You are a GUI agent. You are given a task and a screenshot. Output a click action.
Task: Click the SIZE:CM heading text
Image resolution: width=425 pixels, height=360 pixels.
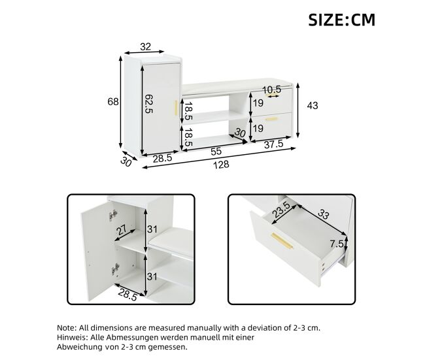(x=341, y=20)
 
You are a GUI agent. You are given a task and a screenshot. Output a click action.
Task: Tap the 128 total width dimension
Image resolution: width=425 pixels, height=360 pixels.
(x=221, y=165)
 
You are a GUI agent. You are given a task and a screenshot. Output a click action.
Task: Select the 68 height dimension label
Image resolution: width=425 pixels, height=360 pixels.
(x=113, y=101)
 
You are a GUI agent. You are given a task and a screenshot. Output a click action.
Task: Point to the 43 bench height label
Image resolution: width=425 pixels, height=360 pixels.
(x=313, y=105)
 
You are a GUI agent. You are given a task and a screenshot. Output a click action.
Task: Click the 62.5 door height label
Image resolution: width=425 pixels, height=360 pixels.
(x=149, y=104)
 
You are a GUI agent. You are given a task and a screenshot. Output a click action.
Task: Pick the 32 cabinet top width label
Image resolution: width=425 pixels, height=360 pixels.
(x=145, y=46)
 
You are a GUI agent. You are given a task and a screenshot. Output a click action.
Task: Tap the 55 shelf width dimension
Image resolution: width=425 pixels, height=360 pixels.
(x=216, y=152)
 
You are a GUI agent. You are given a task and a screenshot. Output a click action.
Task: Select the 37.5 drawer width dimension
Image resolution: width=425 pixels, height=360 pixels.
(x=273, y=144)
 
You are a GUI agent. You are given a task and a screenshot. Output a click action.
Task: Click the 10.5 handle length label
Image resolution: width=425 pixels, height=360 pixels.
(x=272, y=90)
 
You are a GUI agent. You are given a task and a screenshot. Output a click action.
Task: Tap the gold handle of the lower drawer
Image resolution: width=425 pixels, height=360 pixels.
(x=271, y=119)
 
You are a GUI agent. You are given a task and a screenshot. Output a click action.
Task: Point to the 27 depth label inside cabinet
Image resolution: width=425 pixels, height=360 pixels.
(x=122, y=230)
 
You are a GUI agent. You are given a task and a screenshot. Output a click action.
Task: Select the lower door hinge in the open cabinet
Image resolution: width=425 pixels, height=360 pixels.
(x=115, y=269)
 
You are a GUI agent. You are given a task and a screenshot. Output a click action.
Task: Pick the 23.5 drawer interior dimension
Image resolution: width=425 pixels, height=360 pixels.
(x=280, y=209)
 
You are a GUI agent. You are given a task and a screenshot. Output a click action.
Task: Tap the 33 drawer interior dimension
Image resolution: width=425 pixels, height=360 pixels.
(x=323, y=214)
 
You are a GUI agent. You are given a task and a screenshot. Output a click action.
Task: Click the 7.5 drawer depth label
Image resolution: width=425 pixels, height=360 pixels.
(x=337, y=244)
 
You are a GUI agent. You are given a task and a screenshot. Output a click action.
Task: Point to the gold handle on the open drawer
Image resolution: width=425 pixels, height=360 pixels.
(x=282, y=240)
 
